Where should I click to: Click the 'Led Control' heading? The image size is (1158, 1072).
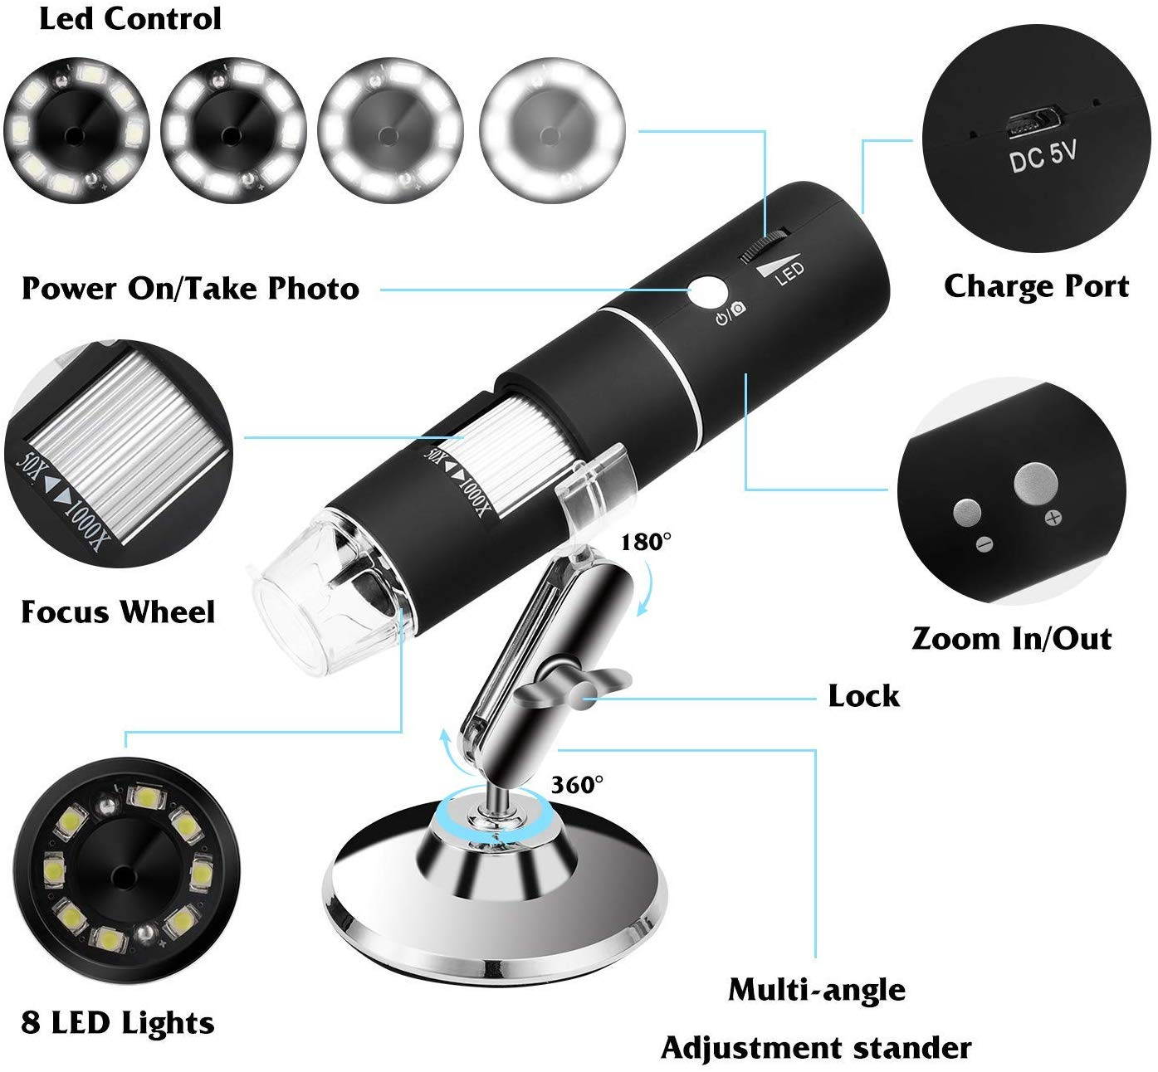coord(130,19)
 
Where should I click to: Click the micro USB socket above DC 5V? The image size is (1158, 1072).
coord(1029,121)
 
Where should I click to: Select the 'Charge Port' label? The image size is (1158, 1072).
coord(1036,286)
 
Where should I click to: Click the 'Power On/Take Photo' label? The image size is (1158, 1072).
coord(190,289)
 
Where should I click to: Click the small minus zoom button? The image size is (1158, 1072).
coord(968,512)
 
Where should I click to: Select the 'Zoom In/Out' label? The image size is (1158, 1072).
coord(1011,639)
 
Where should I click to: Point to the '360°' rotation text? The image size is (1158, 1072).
coord(578,784)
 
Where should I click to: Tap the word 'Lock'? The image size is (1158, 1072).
coord(863,696)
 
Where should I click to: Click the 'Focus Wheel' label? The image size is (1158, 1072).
coord(118,612)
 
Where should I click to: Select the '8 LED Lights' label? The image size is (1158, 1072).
coord(118,1022)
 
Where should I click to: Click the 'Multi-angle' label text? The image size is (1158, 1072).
coord(817,989)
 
